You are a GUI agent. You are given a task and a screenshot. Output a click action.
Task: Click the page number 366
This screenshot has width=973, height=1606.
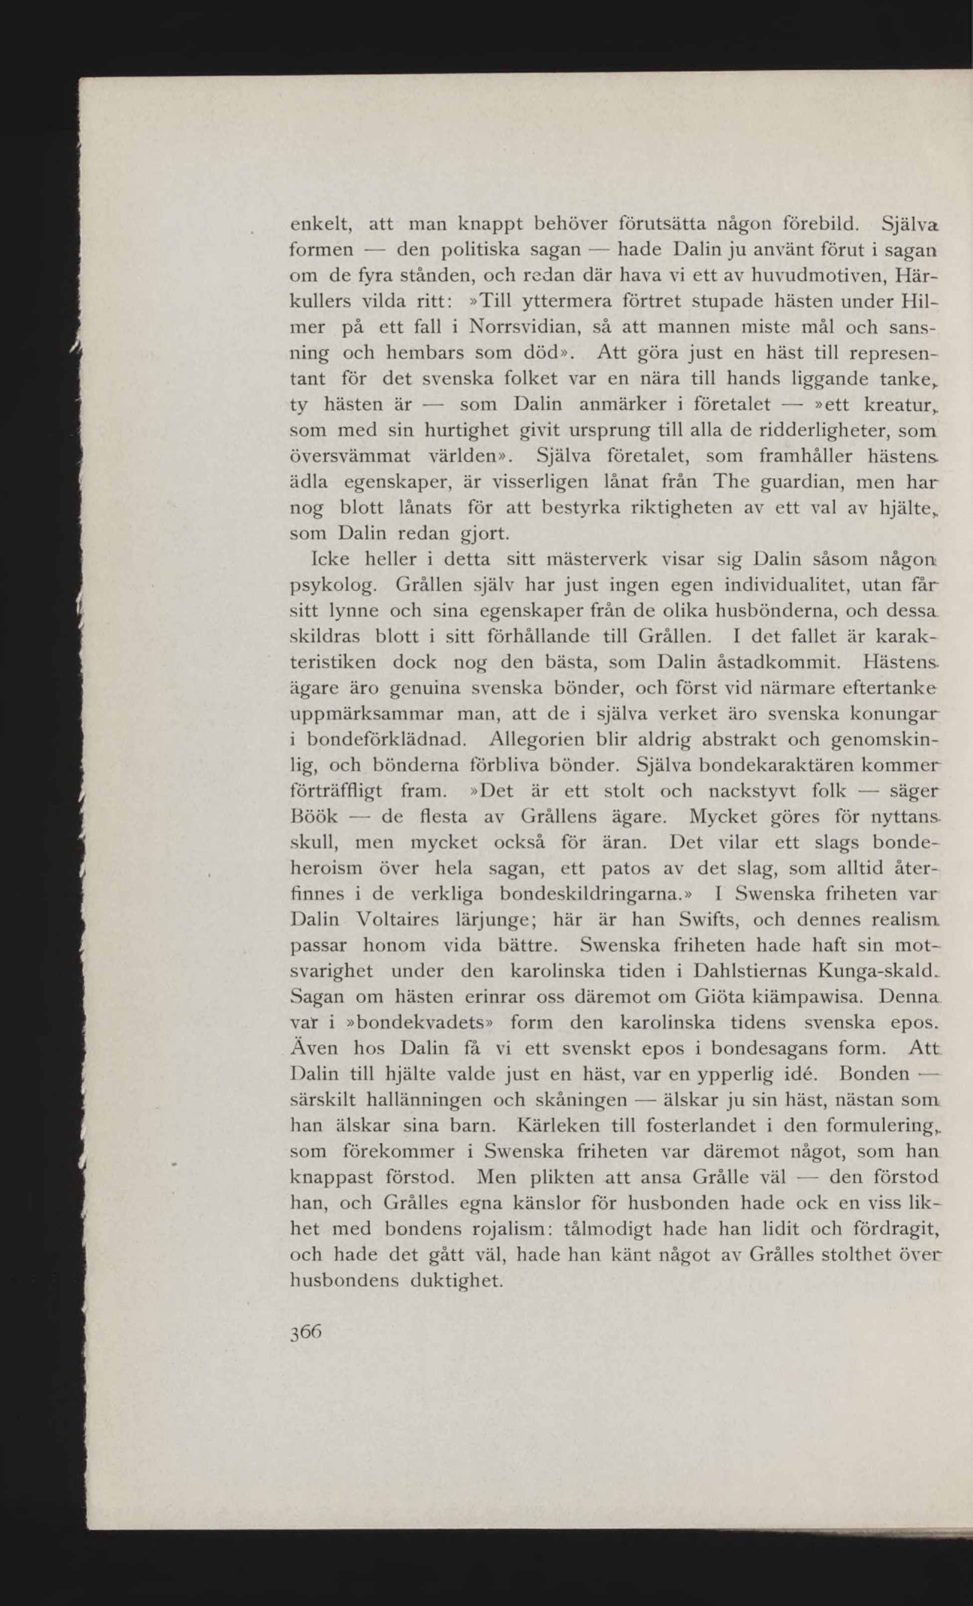tap(306, 1331)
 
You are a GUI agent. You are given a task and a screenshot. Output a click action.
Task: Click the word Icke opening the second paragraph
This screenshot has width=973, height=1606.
tap(331, 558)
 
